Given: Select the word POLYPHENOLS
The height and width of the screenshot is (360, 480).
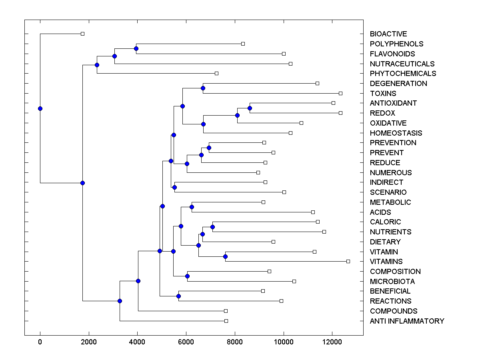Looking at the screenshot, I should point(396,44).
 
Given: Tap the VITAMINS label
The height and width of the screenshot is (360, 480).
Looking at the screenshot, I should point(386,262).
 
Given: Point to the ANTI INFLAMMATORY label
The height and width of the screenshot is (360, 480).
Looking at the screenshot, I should point(407,321).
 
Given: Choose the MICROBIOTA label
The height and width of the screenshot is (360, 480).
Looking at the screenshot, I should point(392,282).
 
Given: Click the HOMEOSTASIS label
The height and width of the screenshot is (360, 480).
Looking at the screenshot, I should point(396,133).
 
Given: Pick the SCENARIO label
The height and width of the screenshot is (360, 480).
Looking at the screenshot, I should point(388,192).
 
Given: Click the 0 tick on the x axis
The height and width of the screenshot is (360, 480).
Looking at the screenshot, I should point(40,342).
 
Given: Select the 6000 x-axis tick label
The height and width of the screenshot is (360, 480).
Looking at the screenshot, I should point(186,342).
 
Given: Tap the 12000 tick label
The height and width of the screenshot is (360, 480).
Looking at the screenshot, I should point(332,342).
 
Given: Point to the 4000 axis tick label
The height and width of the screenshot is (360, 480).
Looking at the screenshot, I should point(137,342).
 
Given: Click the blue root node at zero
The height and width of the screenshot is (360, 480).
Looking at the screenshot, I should point(40,108).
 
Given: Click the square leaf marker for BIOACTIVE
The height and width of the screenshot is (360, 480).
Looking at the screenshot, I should point(82,34).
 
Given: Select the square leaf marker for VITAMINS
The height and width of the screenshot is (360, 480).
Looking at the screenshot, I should point(348,261).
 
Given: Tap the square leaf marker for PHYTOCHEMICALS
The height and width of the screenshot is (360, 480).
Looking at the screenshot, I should point(216,73).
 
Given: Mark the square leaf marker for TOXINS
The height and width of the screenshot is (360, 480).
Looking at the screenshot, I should point(340,93).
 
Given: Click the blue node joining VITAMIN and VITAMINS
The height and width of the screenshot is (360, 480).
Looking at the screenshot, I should point(225,256).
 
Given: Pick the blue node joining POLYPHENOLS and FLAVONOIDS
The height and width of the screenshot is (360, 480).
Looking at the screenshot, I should point(136,48).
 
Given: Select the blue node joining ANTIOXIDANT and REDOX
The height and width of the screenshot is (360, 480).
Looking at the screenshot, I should point(250,108).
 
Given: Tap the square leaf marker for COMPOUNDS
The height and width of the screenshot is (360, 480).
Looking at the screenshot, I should point(226,311).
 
